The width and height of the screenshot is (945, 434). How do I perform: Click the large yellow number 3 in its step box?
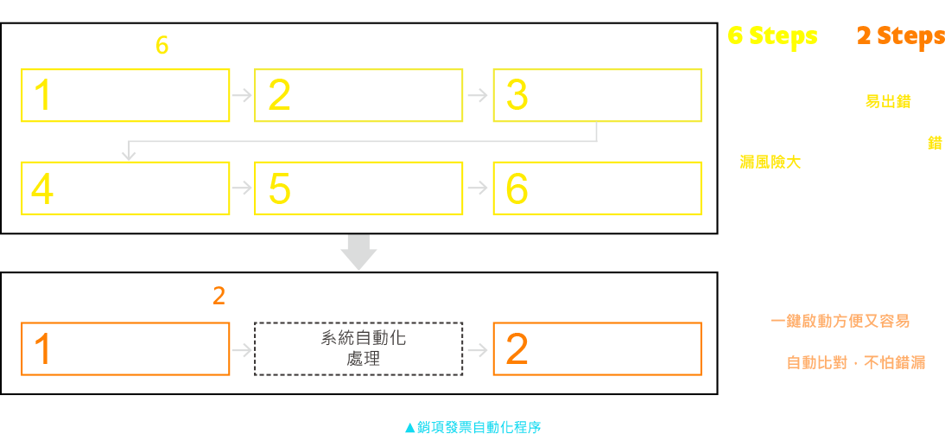tap(517, 95)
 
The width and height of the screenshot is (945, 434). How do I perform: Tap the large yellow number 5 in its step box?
tap(279, 188)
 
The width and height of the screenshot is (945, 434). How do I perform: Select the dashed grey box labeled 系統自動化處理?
tap(358, 348)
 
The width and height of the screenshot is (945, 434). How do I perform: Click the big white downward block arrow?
tap(358, 252)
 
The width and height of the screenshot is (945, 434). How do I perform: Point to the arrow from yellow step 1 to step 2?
tap(242, 95)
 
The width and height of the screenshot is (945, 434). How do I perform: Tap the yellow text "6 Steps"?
tap(772, 35)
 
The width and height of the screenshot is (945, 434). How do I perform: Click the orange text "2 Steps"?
tap(900, 36)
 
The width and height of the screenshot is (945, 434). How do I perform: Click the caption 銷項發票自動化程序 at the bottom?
tap(472, 426)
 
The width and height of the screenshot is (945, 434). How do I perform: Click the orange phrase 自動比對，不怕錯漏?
tap(855, 363)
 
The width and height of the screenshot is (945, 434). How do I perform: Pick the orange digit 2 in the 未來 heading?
tap(219, 297)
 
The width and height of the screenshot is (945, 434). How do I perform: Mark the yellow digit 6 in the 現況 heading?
tap(162, 46)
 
